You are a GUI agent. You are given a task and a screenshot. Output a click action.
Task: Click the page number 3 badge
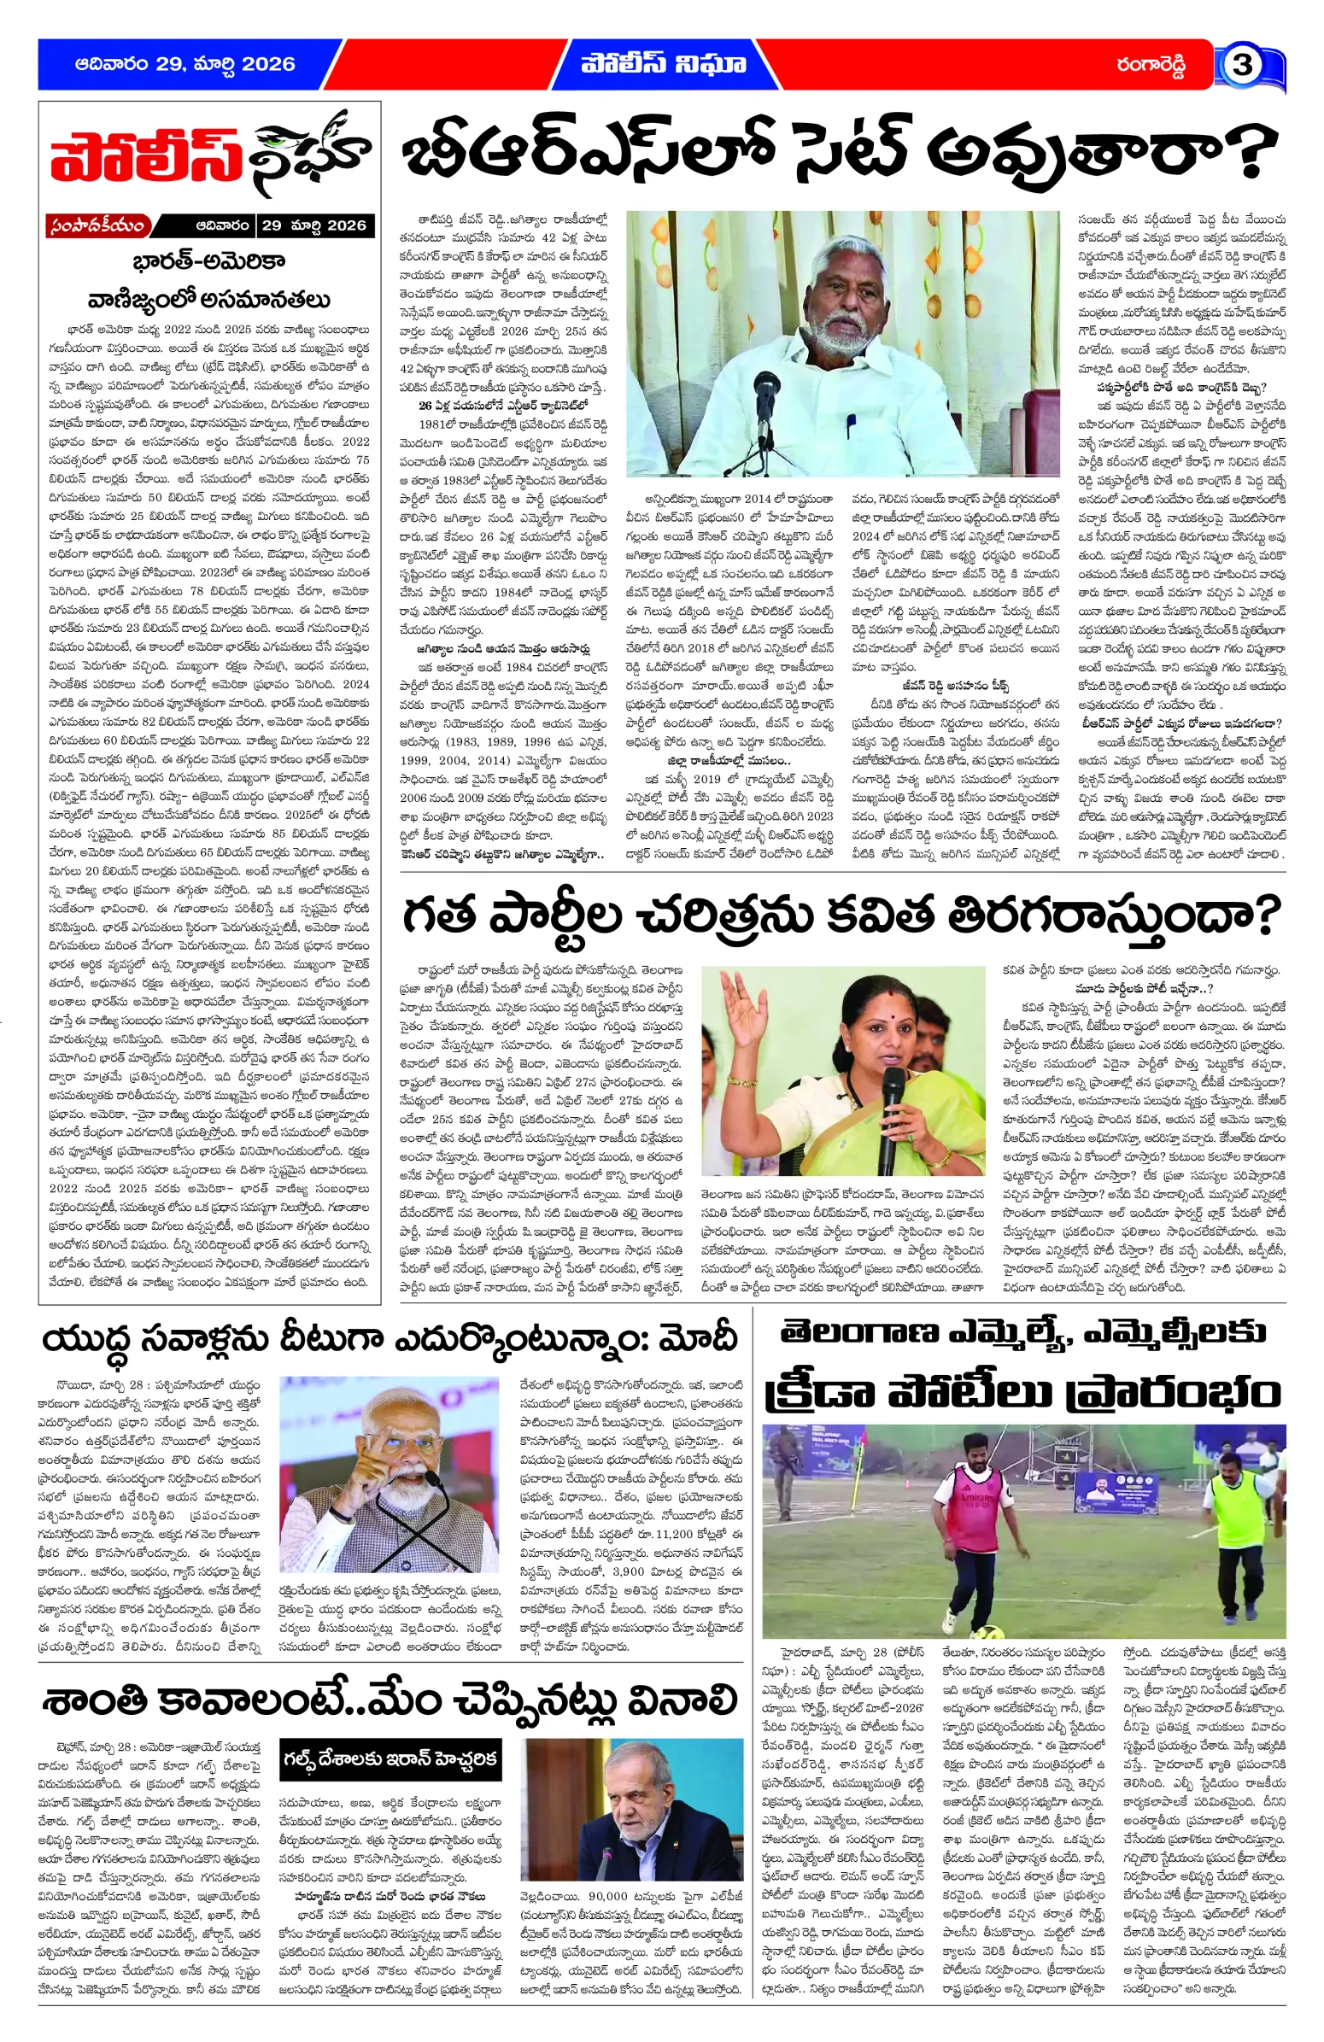click(1241, 65)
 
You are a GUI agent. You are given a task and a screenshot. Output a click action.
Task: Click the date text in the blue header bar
click(185, 63)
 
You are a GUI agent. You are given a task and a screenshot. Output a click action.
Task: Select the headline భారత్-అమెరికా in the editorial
click(208, 260)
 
